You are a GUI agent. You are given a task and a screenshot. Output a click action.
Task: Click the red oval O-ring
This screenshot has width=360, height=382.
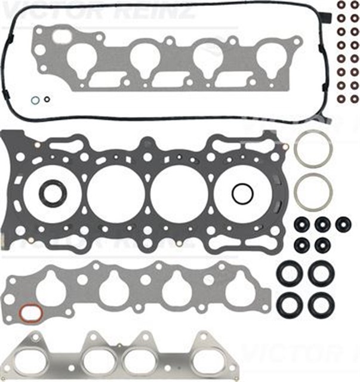coord(29,312)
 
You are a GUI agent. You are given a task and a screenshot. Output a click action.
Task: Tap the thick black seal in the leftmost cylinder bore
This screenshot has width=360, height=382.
coord(53,193)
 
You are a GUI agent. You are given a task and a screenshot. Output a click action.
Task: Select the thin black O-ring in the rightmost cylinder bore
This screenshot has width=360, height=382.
coord(242,193)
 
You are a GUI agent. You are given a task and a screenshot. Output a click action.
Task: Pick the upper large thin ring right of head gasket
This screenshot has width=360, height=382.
coord(313,150)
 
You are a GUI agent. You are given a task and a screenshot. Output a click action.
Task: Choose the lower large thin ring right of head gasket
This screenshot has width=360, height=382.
coord(313,192)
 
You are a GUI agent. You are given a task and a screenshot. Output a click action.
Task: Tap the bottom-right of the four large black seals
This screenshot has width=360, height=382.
coord(321,304)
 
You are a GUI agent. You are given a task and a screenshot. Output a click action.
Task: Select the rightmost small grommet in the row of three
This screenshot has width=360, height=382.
coord(343,224)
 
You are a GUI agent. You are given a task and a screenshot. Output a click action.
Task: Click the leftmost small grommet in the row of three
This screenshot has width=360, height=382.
coord(302,224)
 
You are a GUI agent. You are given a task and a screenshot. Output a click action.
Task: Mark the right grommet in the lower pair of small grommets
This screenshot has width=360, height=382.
coord(322,244)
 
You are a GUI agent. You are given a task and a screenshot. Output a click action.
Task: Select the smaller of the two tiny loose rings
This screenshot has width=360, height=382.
coord(47,99)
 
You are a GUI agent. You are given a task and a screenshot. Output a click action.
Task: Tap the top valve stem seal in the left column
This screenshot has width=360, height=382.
coord(341,6)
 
